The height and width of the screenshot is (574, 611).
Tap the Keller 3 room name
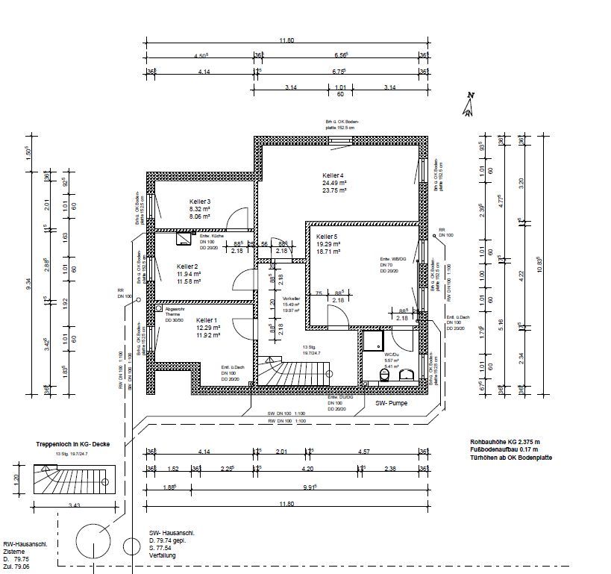(x=200, y=202)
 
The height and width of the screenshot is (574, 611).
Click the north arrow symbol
(x=469, y=105)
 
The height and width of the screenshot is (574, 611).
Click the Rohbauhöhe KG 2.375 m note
(x=505, y=441)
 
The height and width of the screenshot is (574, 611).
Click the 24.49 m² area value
(x=331, y=182)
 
